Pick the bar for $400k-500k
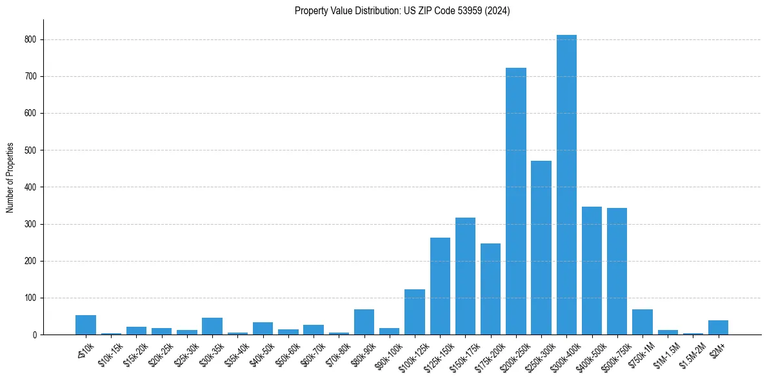pyautogui.click(x=592, y=271)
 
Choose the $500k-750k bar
pyautogui.click(x=617, y=271)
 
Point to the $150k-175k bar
pyautogui.click(x=465, y=276)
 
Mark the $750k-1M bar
pyautogui.click(x=642, y=322)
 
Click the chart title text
pyautogui.click(x=402, y=11)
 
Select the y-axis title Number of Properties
pyautogui.click(x=10, y=177)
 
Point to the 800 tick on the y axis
pyautogui.click(x=30, y=39)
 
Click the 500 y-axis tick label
pyautogui.click(x=30, y=150)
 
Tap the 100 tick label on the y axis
pyautogui.click(x=30, y=298)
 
